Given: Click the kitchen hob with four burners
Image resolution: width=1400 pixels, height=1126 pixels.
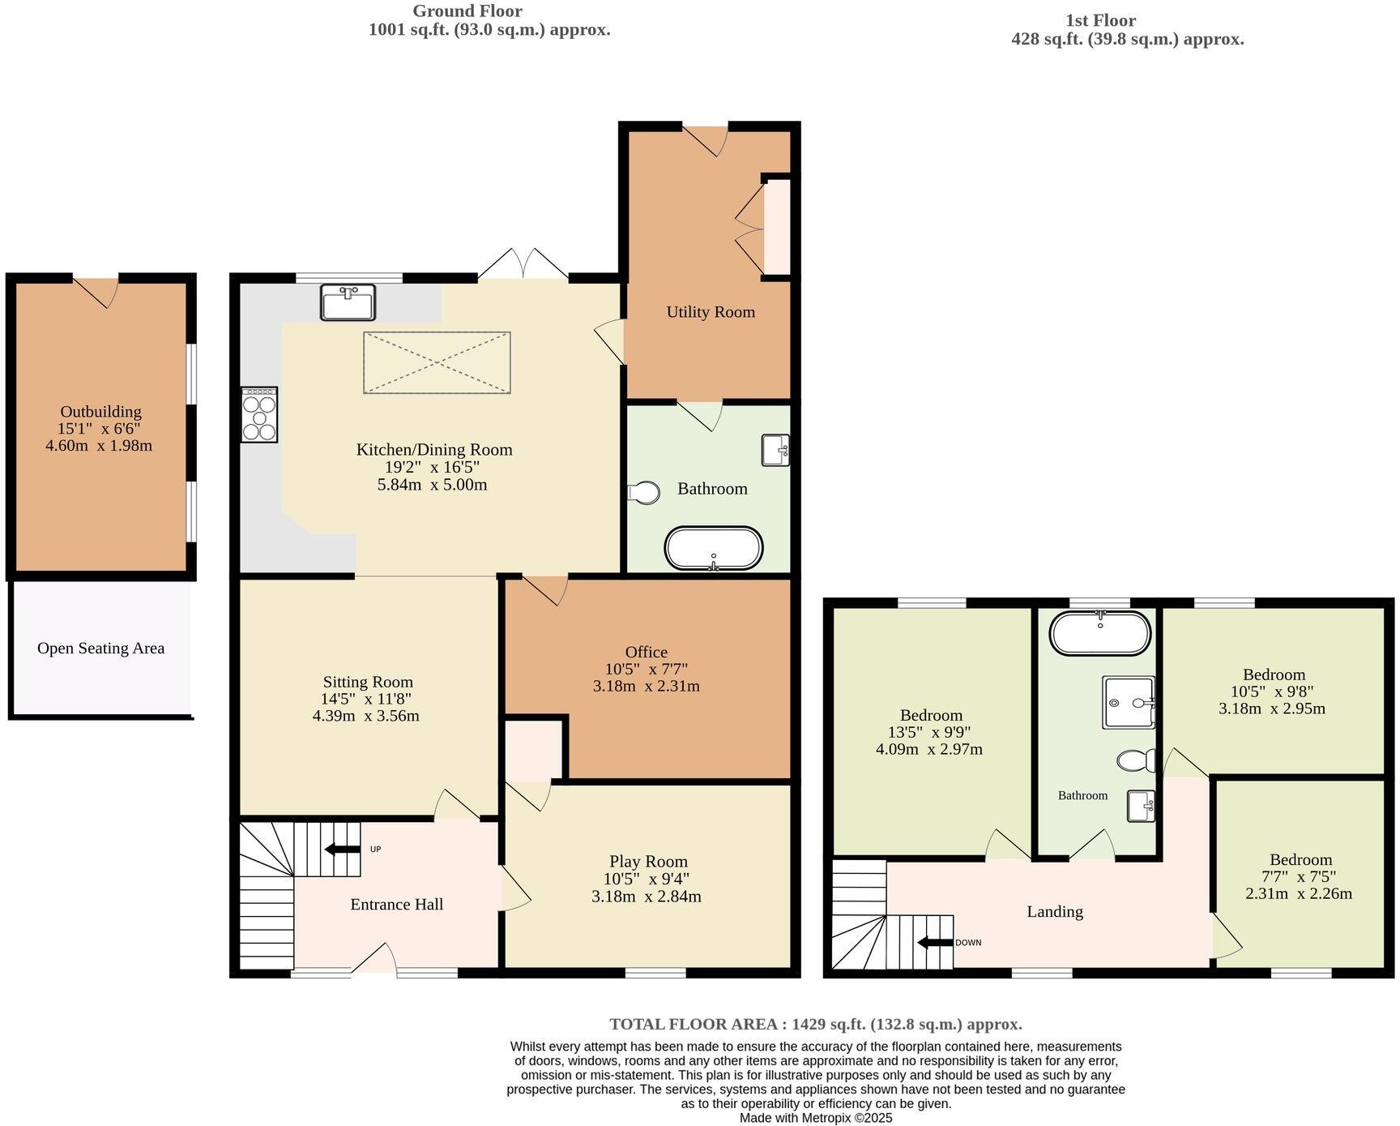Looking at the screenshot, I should pyautogui.click(x=259, y=414).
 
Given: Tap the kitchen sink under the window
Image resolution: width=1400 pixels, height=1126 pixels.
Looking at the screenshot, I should pyautogui.click(x=348, y=302).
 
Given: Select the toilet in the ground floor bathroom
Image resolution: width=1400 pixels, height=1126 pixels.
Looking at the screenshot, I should pyautogui.click(x=645, y=492).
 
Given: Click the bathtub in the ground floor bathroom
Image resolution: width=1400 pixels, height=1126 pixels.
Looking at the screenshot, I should pyautogui.click(x=713, y=549).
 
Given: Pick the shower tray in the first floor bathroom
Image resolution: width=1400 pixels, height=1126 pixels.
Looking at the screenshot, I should pyautogui.click(x=1128, y=702).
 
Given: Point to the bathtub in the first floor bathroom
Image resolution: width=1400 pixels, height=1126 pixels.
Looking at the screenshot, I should pyautogui.click(x=1099, y=633).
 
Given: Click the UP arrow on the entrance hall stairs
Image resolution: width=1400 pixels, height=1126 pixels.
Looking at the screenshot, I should pyautogui.click(x=343, y=849).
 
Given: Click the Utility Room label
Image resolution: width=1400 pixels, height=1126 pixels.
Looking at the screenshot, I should pyautogui.click(x=711, y=312).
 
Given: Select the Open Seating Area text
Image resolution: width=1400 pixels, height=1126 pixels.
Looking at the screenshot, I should pyautogui.click(x=100, y=649).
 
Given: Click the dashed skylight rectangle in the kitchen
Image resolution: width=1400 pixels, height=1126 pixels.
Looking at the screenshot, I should pyautogui.click(x=437, y=362).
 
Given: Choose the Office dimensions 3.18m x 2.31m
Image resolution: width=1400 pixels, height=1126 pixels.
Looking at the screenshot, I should pyautogui.click(x=646, y=686).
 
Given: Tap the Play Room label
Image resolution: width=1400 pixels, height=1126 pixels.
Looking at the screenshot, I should pyautogui.click(x=648, y=862).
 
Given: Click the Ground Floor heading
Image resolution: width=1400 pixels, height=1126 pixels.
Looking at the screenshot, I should pyautogui.click(x=467, y=11).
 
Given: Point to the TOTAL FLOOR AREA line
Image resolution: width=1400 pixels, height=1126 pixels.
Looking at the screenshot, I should pyautogui.click(x=815, y=1024).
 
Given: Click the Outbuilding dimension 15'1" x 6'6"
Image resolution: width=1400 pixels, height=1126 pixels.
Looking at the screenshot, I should pyautogui.click(x=100, y=429).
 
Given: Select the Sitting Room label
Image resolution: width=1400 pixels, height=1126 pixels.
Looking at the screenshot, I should pyautogui.click(x=368, y=682).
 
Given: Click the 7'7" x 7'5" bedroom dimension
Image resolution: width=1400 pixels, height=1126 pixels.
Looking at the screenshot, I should pyautogui.click(x=1300, y=876).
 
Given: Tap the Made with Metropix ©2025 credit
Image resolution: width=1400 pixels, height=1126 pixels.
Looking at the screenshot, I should pyautogui.click(x=815, y=1118).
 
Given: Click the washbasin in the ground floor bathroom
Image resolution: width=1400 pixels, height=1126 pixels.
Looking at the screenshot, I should pyautogui.click(x=775, y=451).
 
